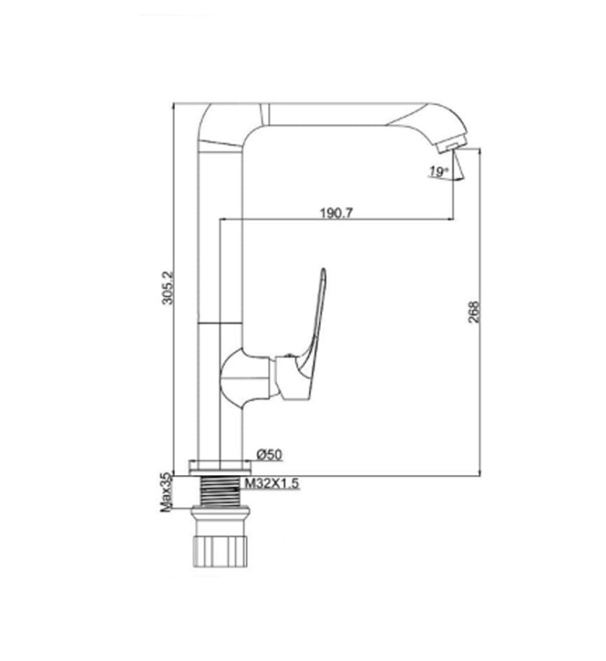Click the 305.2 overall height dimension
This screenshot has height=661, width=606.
coord(168,287)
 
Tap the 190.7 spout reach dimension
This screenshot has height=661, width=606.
coord(336,213)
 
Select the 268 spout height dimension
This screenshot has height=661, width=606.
coord(474,312)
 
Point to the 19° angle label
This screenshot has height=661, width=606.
coord(438,172)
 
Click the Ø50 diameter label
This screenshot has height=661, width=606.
coord(269,455)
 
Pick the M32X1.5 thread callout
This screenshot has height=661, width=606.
coord(272,483)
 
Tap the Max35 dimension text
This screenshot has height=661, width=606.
coord(166,493)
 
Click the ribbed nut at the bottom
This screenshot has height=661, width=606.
coord(219,551)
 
